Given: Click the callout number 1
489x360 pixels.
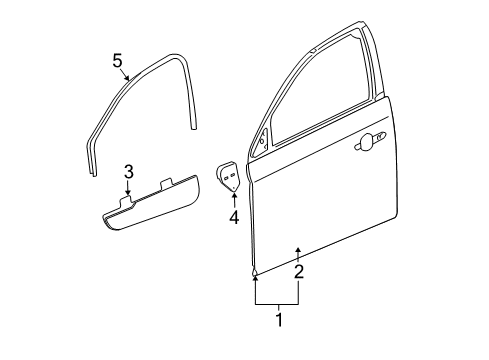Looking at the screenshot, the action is (278, 321).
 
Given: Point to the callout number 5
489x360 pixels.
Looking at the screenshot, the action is (118, 62).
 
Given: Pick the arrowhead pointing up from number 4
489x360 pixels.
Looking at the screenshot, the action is (232, 193).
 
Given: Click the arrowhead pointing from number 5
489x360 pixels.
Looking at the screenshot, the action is (127, 79).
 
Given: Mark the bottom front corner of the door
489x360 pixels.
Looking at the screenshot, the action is (255, 271).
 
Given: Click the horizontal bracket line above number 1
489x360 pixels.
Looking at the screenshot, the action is (278, 303).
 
